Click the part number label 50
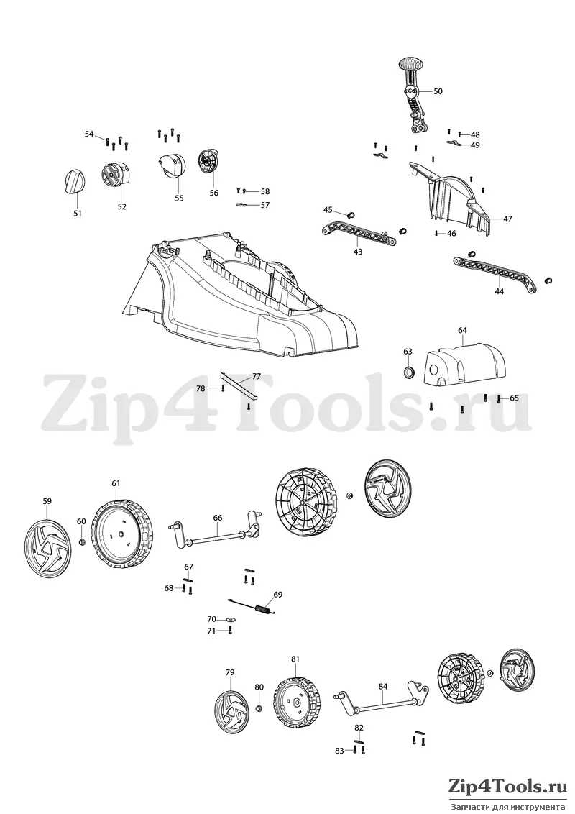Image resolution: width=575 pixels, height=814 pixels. (438, 91)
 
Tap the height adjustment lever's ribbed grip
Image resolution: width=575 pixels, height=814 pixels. (410, 65)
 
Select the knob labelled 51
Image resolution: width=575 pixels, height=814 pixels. (74, 182)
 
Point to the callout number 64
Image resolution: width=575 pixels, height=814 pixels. (462, 330)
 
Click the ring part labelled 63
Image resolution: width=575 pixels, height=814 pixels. (410, 372)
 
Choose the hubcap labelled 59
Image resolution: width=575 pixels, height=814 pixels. (48, 544)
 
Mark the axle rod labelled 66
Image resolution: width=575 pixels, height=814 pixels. (216, 535)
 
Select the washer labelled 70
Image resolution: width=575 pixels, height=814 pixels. (230, 619)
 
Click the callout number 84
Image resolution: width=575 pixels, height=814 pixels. (382, 686)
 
